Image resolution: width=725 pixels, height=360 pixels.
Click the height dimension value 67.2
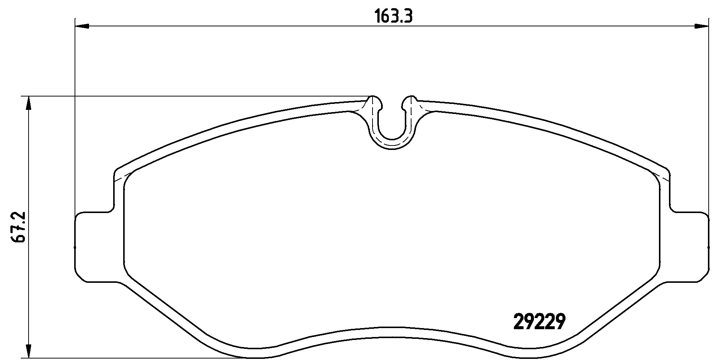(x=19, y=227)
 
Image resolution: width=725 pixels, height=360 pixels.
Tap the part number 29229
(x=539, y=322)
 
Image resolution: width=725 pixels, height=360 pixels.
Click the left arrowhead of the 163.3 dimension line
(x=82, y=26)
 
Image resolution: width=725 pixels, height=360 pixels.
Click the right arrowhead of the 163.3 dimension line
(x=701, y=26)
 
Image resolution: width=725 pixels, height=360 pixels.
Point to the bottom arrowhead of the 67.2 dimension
(x=28, y=350)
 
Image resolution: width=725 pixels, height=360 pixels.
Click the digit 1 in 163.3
(x=377, y=17)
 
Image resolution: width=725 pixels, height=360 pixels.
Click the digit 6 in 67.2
(x=19, y=237)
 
